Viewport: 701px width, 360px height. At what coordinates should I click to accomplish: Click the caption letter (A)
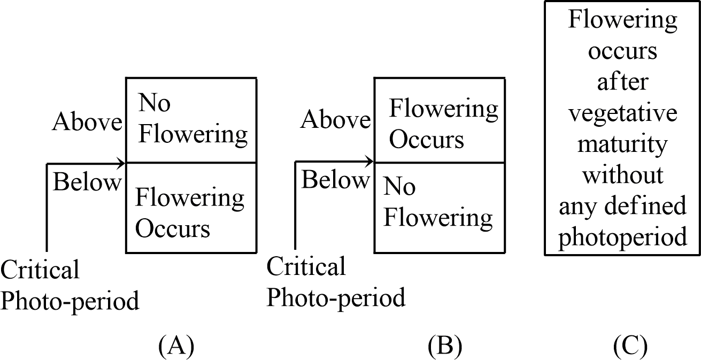pyautogui.click(x=175, y=347)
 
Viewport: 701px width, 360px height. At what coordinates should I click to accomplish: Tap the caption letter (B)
pyautogui.click(x=444, y=347)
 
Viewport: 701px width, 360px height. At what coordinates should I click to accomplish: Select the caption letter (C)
pyautogui.click(x=630, y=347)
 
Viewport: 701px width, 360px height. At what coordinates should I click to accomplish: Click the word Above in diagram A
pyautogui.click(x=87, y=122)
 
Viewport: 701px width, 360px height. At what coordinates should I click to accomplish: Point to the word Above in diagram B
pyautogui.click(x=335, y=120)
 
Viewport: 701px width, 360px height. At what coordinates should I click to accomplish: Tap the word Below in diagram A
pyautogui.click(x=87, y=183)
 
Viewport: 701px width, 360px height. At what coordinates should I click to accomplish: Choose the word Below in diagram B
pyautogui.click(x=335, y=180)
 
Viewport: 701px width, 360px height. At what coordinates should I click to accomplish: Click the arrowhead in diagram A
pyautogui.click(x=121, y=163)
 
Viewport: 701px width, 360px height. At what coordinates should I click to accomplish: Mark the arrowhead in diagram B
pyautogui.click(x=370, y=161)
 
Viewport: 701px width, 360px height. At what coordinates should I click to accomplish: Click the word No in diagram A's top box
pyautogui.click(x=155, y=103)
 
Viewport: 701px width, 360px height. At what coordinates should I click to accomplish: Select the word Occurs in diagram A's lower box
pyautogui.click(x=172, y=229)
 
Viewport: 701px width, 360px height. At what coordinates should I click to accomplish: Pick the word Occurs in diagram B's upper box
pyautogui.click(x=426, y=140)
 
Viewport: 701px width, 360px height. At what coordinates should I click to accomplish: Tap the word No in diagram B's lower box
pyautogui.click(x=399, y=187)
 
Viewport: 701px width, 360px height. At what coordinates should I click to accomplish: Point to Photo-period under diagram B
pyautogui.click(x=336, y=297)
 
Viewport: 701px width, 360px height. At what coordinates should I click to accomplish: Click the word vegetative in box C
pyautogui.click(x=622, y=113)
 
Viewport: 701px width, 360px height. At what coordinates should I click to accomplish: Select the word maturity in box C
pyautogui.click(x=622, y=144)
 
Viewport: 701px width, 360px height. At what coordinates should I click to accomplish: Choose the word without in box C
pyautogui.click(x=622, y=175)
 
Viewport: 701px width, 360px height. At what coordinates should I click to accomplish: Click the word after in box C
pyautogui.click(x=622, y=82)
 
